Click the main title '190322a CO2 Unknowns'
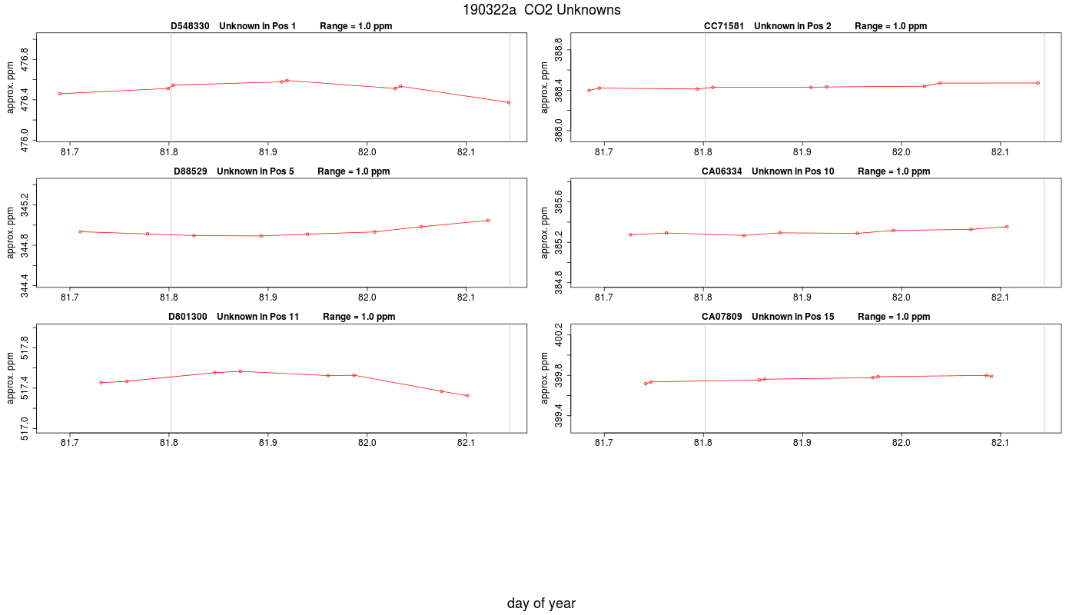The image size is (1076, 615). [541, 10]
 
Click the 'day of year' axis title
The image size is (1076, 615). [541, 603]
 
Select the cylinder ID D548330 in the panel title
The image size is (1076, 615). [190, 26]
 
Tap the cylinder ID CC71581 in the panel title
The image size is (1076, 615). [723, 26]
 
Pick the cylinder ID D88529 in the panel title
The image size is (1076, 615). [191, 171]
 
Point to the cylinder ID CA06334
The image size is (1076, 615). [722, 171]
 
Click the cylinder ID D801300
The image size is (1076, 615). [188, 317]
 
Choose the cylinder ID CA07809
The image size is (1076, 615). [722, 317]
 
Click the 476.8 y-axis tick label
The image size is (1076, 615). [24, 59]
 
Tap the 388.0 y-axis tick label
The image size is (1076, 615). [558, 131]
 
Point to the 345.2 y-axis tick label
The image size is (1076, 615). [24, 204]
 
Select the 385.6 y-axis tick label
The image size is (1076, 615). [558, 201]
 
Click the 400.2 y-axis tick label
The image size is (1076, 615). [558, 335]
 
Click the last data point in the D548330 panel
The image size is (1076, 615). [509, 102]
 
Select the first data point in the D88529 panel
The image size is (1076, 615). [81, 231]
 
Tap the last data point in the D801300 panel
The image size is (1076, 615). [467, 396]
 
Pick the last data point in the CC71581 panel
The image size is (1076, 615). [1038, 83]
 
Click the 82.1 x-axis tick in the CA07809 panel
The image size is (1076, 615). [1000, 443]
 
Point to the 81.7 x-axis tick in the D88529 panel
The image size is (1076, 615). [70, 298]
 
